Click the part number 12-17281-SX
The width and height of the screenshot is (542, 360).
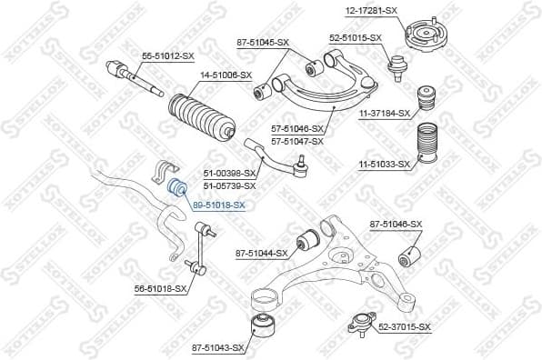[x=371, y=10]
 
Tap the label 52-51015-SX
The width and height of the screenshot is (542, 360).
[x=355, y=37]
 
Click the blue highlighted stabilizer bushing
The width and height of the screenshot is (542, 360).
[x=178, y=189]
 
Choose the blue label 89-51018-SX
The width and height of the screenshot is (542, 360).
[x=218, y=205]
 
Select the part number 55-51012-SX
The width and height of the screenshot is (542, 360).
[x=168, y=56]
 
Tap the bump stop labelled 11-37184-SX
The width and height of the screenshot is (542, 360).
[x=425, y=100]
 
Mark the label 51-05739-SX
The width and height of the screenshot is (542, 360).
[x=230, y=185]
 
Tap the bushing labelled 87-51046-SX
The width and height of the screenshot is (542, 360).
[x=411, y=254]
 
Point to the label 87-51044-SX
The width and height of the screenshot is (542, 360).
[x=261, y=253]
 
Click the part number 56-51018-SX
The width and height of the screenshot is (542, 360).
[x=160, y=288]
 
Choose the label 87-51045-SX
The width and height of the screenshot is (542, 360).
[x=263, y=42]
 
